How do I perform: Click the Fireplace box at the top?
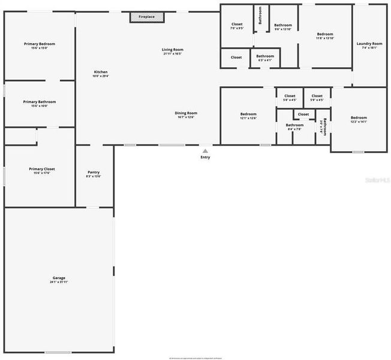pos(146,17)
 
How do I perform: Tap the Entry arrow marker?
pos(205,151)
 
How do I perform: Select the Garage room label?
pos(59,278)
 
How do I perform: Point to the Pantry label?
pos(94,172)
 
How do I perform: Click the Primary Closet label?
pos(42,169)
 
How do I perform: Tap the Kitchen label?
pos(100,72)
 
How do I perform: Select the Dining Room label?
pos(186,113)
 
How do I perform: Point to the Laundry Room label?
pos(369,43)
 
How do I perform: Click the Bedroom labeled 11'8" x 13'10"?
pos(325,34)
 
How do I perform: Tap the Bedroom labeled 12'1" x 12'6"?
pos(248,114)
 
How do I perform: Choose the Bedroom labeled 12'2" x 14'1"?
pos(359,118)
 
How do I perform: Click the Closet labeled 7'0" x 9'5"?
pos(237,24)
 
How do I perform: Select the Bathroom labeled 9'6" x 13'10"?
pos(283,25)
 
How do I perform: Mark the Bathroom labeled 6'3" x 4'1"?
pos(265,56)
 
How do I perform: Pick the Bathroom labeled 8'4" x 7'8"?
pos(294,125)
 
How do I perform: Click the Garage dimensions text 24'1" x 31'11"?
pos(59,282)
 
